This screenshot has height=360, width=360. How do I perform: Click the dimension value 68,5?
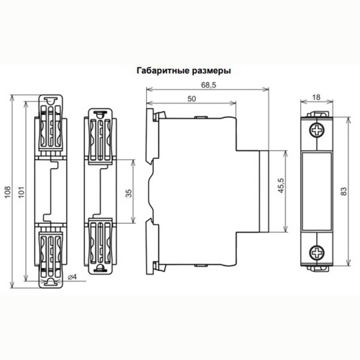[x=208, y=85]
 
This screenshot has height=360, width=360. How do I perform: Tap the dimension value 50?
[x=192, y=99]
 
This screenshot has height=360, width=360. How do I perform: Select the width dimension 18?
[x=316, y=97]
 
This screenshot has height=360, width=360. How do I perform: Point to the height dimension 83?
[x=344, y=191]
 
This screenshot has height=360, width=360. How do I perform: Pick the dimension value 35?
[x=129, y=193]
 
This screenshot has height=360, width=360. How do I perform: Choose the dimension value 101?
[x=21, y=193]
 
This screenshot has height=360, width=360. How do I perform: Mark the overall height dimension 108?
[x=8, y=192]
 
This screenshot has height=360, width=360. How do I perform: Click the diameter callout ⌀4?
[x=72, y=277]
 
